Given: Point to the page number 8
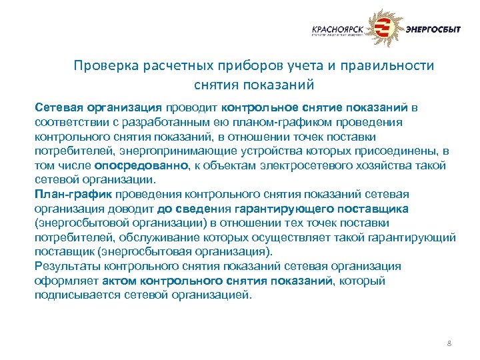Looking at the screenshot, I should [449, 343].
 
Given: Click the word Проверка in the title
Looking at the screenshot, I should [102, 66].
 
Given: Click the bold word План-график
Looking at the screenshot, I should [74, 194].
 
